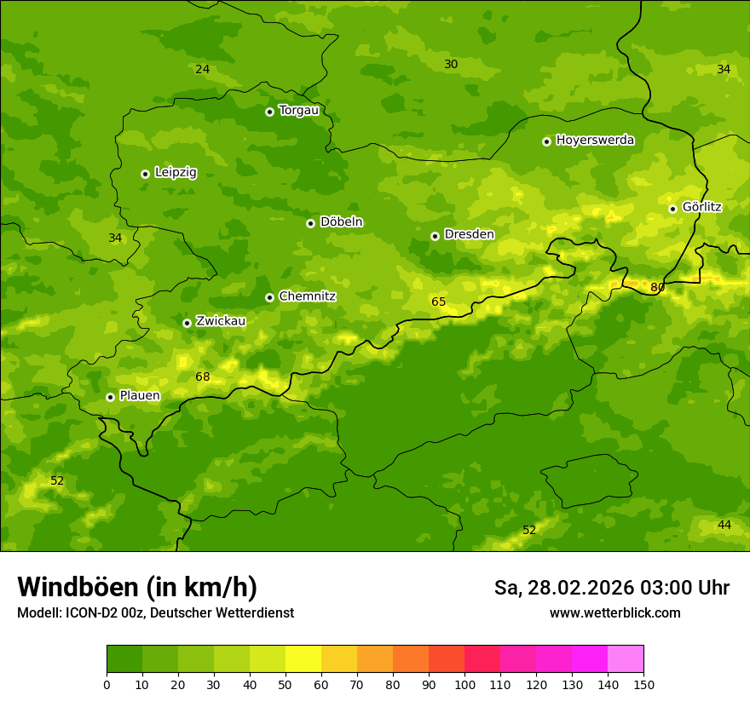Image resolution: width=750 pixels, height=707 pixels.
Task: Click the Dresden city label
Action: pyautogui.click(x=469, y=234)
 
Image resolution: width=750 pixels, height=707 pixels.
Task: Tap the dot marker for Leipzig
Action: pyautogui.click(x=145, y=174)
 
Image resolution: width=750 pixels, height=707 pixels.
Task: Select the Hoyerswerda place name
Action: pyautogui.click(x=595, y=141)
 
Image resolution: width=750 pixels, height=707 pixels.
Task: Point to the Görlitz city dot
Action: pyautogui.click(x=672, y=209)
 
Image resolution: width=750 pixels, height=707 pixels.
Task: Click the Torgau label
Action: pyautogui.click(x=298, y=111)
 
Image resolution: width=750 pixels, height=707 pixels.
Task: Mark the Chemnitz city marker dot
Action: pyautogui.click(x=269, y=297)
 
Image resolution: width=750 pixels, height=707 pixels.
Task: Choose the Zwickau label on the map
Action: pyautogui.click(x=221, y=321)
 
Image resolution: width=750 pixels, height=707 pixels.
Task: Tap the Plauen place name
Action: pyautogui.click(x=140, y=395)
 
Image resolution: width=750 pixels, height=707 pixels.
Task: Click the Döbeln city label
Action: pyautogui.click(x=341, y=222)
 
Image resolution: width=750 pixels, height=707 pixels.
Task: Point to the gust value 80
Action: pyautogui.click(x=658, y=288)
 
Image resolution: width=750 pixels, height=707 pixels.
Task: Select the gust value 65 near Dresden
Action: pyautogui.click(x=438, y=302)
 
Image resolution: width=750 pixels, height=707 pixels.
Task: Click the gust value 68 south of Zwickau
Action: pyautogui.click(x=202, y=376)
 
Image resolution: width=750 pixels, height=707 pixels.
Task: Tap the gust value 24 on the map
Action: pyautogui.click(x=202, y=69)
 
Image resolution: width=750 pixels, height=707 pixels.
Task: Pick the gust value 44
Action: pyautogui.click(x=724, y=525)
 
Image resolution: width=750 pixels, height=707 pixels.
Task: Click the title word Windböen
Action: pyautogui.click(x=78, y=587)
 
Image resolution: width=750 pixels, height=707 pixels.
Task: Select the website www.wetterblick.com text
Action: pyautogui.click(x=614, y=612)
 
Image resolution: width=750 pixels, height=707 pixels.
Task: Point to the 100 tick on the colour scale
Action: pyautogui.click(x=464, y=684)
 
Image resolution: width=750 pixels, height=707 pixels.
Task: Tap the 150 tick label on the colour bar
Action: pyautogui.click(x=643, y=684)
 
